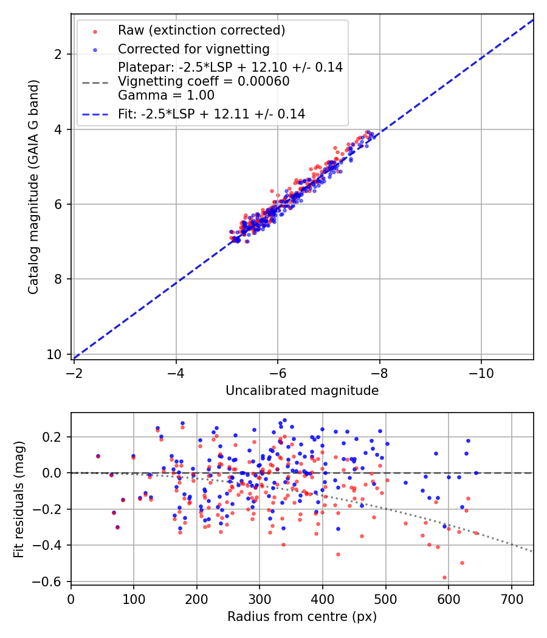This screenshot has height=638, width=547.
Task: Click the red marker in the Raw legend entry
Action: (95, 32)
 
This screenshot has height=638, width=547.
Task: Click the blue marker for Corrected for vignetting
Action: (95, 50)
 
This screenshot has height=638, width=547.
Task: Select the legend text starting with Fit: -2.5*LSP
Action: (212, 114)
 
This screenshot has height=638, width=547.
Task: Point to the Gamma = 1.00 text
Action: (166, 95)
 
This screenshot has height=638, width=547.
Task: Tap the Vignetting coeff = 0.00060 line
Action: (204, 81)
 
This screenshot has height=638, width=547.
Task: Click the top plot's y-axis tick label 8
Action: (57, 279)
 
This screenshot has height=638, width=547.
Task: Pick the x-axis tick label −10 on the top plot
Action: (481, 373)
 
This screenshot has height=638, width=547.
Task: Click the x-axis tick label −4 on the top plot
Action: (176, 373)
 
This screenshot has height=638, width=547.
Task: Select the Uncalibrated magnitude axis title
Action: (302, 391)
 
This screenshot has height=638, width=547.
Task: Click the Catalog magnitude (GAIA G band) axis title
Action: (33, 187)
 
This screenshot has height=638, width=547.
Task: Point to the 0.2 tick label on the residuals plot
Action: (52, 437)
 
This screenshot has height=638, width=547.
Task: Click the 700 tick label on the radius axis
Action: (512, 599)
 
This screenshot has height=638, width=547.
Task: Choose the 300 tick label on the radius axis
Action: (260, 599)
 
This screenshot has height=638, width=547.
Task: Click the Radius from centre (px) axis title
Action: (302, 617)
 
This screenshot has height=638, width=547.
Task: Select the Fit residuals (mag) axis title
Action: (19, 499)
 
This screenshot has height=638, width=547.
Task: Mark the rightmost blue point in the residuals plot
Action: (476, 473)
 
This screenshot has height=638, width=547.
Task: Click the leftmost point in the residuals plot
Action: (98, 456)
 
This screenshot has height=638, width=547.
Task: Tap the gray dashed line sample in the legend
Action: (95, 83)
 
